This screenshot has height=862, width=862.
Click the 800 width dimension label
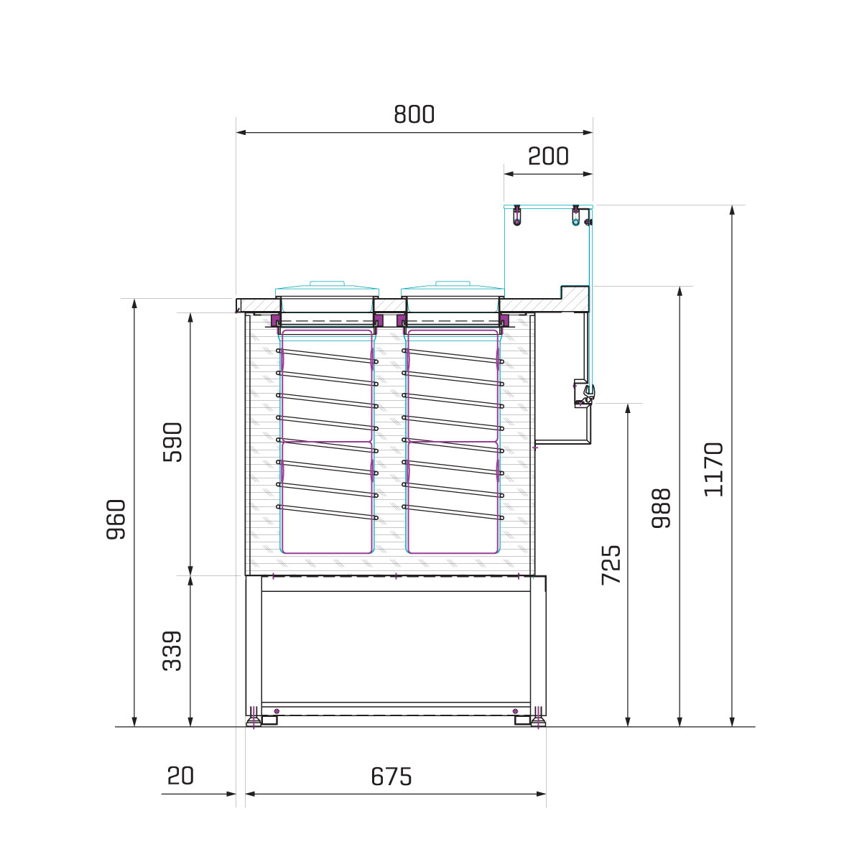(x=414, y=114)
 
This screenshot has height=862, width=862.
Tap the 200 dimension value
(x=548, y=156)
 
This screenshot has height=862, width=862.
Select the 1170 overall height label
(x=714, y=469)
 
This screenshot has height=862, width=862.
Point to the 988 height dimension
(x=661, y=508)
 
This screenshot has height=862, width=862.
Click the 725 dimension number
(x=611, y=565)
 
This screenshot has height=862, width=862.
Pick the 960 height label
(x=116, y=519)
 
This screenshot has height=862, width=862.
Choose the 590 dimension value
(x=172, y=442)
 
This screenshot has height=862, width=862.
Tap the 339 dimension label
(x=172, y=651)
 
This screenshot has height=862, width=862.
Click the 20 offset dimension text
(x=180, y=776)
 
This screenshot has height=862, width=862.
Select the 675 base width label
(x=391, y=777)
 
